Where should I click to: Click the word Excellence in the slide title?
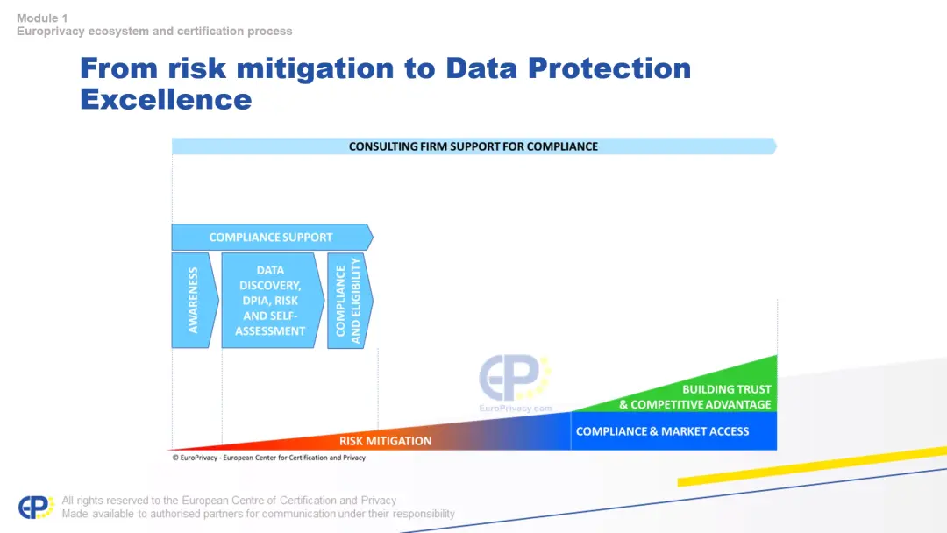(166, 100)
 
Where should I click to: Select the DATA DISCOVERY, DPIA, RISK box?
(273, 300)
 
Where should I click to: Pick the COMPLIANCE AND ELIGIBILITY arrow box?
(350, 300)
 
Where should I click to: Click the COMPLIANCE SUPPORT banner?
(272, 238)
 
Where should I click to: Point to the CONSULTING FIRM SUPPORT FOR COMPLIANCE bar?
(474, 146)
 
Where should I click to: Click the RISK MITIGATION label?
(385, 441)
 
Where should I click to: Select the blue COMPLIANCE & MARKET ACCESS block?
(673, 431)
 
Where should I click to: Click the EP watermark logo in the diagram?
(515, 378)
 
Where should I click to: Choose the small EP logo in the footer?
(36, 507)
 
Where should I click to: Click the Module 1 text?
(42, 18)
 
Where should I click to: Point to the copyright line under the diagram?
(269, 458)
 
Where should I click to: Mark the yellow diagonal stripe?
(812, 466)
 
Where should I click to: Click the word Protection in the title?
(609, 68)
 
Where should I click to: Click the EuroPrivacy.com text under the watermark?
(516, 408)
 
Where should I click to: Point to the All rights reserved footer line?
(229, 501)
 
